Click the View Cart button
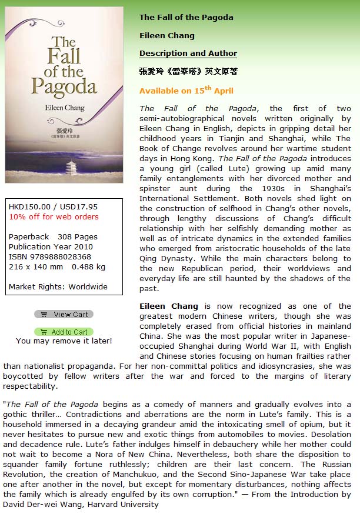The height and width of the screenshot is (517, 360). click(64, 314)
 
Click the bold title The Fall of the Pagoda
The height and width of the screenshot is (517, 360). click(186, 17)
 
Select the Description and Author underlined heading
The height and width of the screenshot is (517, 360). click(188, 53)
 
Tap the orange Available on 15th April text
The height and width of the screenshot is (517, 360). click(186, 91)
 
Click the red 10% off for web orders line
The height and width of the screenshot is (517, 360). click(54, 216)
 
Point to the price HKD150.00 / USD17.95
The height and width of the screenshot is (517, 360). click(53, 206)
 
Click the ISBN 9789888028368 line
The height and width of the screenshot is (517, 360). click(50, 256)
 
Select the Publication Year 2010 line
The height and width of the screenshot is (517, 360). click(51, 246)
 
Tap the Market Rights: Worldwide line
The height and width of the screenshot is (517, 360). click(58, 286)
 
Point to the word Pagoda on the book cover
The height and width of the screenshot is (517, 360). click(64, 87)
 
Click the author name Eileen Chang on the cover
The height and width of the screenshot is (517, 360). click(65, 108)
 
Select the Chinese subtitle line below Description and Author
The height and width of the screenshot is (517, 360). click(188, 72)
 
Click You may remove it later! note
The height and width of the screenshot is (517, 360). click(64, 341)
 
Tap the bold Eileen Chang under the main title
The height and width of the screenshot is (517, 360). click(166, 35)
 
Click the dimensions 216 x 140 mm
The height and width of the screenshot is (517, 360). click(36, 266)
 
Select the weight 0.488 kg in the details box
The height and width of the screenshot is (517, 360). click(89, 266)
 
